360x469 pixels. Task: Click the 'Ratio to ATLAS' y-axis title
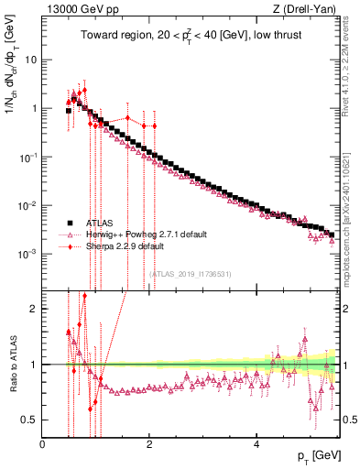click(15, 365)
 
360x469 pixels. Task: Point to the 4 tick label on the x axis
click(257, 445)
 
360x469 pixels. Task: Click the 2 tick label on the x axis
click(149, 445)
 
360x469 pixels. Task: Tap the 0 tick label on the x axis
click(43, 445)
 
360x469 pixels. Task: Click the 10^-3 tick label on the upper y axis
click(27, 252)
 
